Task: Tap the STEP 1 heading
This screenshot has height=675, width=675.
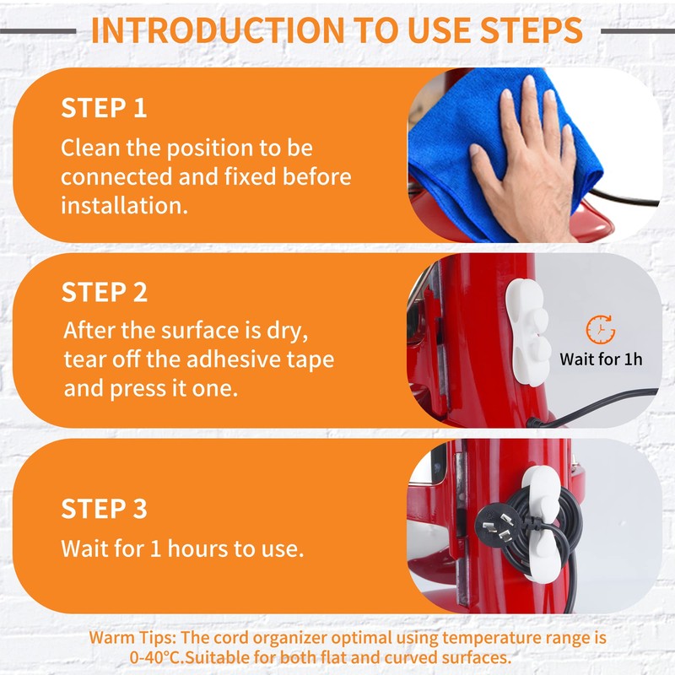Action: [x=104, y=108]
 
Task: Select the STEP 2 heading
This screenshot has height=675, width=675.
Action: [x=104, y=292]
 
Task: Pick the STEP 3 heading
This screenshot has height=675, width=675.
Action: [x=104, y=509]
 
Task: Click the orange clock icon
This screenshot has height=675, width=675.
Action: [x=601, y=330]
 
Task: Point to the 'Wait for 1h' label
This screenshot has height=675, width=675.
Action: [x=601, y=359]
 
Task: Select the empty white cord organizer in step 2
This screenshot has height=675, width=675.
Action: [x=527, y=332]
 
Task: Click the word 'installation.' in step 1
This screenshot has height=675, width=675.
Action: [x=124, y=206]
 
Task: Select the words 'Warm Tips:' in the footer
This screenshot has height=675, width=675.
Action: [x=132, y=638]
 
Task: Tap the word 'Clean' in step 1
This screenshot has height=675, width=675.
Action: [x=90, y=148]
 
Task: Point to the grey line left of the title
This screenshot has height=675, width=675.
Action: [x=38, y=31]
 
